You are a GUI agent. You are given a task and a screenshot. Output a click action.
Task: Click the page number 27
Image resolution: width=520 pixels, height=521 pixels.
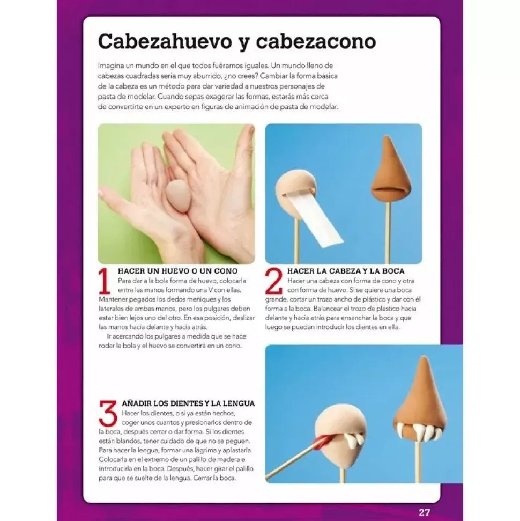click(x=424, y=512)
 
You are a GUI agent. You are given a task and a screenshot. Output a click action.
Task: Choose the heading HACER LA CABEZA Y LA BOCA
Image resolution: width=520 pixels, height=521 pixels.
click(x=346, y=271)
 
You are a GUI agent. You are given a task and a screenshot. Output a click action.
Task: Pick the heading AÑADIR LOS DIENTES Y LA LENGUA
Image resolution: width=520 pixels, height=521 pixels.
click(x=188, y=403)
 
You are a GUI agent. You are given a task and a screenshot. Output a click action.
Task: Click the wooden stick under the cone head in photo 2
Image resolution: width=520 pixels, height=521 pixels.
click(x=389, y=231)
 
